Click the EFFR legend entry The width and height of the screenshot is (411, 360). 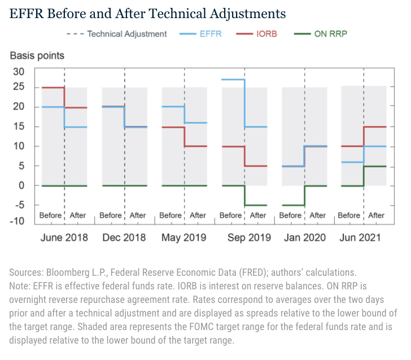tap(203, 34)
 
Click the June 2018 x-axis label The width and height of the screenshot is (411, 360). tap(64, 237)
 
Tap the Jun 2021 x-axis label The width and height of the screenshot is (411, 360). tap(364, 237)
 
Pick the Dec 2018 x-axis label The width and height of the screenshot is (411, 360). tap(124, 237)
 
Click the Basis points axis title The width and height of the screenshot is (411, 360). tap(37, 55)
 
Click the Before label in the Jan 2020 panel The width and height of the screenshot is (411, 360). tap(290, 215)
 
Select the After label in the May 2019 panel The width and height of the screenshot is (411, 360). tap(198, 215)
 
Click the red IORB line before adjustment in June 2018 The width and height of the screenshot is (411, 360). tap(53, 88)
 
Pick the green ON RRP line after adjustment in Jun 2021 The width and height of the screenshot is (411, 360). tap(375, 166)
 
